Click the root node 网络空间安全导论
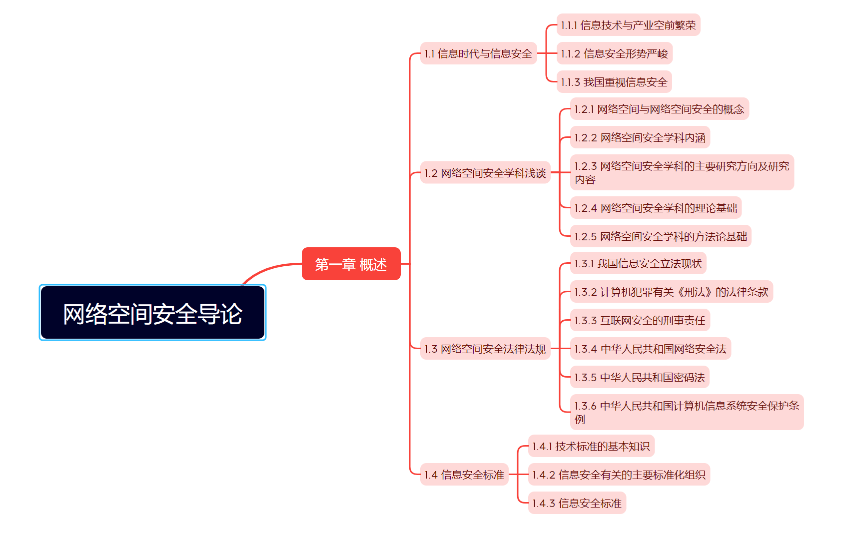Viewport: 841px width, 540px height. click(152, 313)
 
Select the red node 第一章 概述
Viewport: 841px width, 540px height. click(351, 264)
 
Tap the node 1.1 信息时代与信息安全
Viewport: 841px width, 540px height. click(478, 53)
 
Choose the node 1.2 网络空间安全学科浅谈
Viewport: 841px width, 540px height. click(485, 173)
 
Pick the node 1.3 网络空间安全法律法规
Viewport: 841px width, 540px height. click(485, 349)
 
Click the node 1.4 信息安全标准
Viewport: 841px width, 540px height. click(464, 475)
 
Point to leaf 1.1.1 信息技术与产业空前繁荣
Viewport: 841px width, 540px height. click(628, 25)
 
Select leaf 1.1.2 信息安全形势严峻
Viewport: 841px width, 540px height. click(614, 53)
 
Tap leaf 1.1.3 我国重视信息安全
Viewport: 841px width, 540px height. click(614, 82)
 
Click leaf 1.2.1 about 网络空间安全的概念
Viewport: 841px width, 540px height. click(659, 109)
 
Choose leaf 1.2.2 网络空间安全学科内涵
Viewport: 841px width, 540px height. click(640, 137)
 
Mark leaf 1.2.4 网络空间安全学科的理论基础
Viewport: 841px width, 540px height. click(656, 208)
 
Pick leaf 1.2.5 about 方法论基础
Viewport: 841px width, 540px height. click(661, 236)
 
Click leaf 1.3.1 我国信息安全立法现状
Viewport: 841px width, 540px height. click(638, 263)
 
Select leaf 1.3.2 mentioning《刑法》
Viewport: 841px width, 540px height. click(671, 292)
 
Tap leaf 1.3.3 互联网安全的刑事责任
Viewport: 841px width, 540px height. click(640, 320)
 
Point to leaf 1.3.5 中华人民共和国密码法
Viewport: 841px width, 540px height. click(640, 377)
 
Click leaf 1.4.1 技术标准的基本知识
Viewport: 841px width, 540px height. click(591, 446)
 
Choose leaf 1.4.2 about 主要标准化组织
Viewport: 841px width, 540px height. click(619, 475)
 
